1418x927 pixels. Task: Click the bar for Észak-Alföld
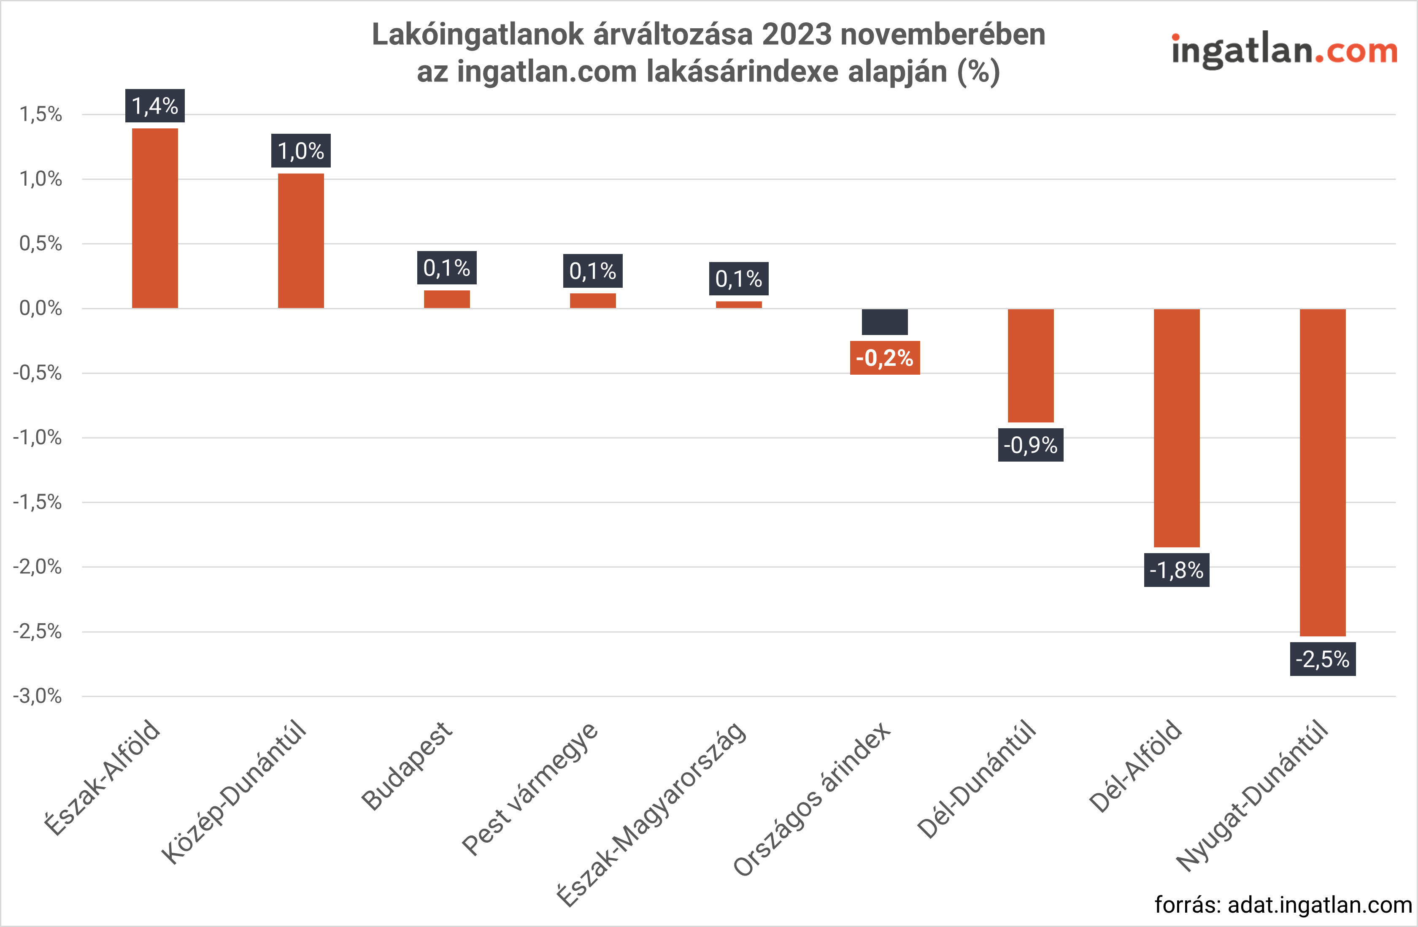(155, 218)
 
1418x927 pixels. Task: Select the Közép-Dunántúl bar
(301, 241)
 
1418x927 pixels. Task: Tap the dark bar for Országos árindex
(884, 322)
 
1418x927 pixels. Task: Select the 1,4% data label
(155, 106)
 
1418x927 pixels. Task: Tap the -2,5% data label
(1322, 659)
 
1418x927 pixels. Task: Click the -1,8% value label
(1176, 570)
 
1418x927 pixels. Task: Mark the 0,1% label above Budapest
(447, 268)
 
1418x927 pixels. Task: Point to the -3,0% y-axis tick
(38, 696)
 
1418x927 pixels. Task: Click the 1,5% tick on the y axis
(41, 114)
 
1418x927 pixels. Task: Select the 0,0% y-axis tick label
(41, 308)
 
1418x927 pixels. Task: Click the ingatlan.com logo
(1284, 51)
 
